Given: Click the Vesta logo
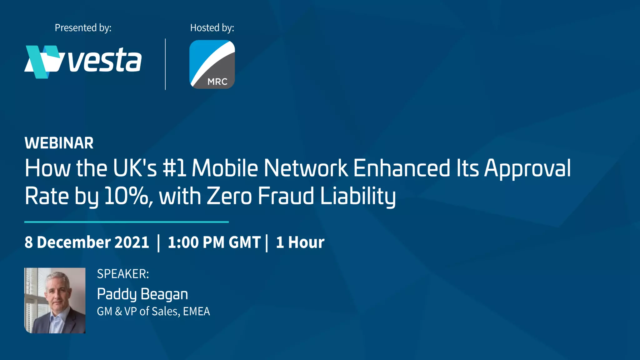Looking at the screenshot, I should coord(83,62).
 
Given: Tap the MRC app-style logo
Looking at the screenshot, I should coord(212,64).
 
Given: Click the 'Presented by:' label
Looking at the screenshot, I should coord(83,28).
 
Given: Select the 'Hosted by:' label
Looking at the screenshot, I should coord(212,28).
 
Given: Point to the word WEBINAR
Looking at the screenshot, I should coord(59,143).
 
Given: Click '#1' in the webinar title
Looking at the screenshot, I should coord(174,168).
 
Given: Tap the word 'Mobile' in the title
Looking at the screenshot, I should coord(225,168).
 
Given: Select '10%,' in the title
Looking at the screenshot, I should coord(128,196).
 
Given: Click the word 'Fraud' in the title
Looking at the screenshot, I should coord(286,196).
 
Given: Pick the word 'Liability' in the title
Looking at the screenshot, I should coord(358,196).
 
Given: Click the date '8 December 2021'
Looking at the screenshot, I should coord(87,242).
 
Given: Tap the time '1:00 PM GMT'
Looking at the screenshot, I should coord(214,242).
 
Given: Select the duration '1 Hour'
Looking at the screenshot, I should coord(300,242).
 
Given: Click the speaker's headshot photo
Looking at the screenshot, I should coord(55,300).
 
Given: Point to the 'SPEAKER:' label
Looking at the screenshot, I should coord(123,274).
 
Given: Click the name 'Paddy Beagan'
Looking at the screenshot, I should coord(142,294).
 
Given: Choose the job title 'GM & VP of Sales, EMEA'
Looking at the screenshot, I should coord(153,311).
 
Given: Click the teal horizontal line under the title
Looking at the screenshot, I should coord(127,222).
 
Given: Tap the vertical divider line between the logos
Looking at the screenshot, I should coord(165,64).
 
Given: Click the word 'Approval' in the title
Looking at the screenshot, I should coord(527,168).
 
